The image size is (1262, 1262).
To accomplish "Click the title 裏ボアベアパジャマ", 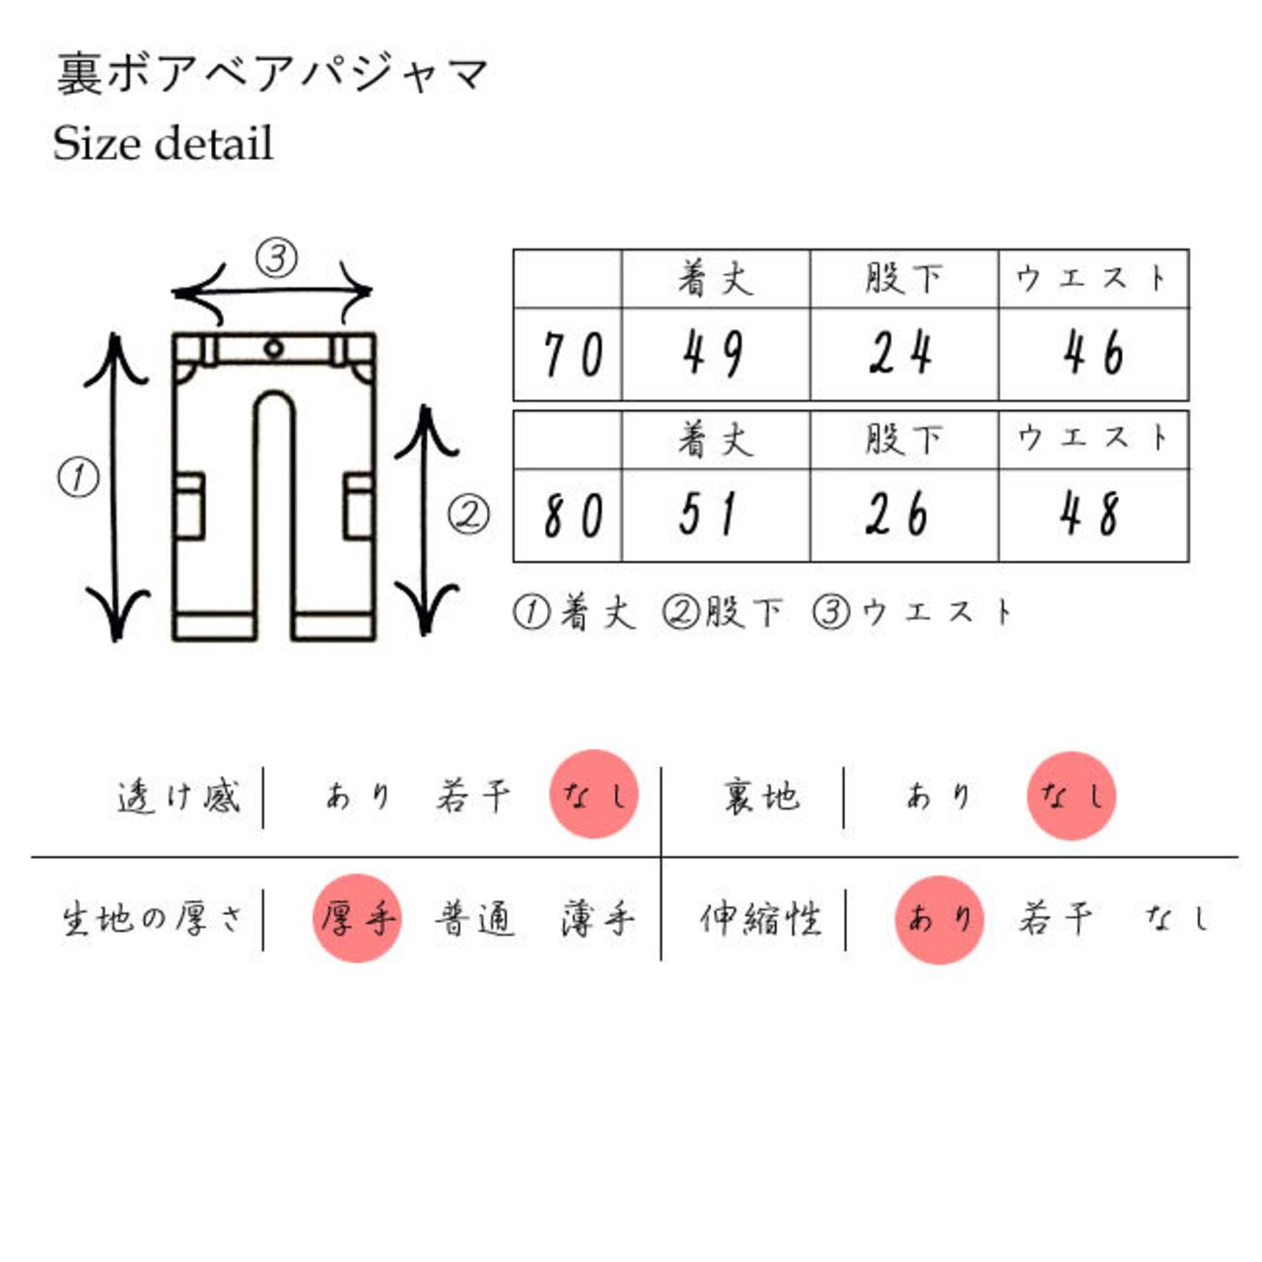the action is point(272,75).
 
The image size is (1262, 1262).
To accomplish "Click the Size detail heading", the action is point(163,143).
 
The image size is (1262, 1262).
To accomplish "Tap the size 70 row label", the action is point(573,354).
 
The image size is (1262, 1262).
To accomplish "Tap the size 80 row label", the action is point(573,516).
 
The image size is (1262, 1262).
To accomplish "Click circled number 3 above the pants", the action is point(276,258).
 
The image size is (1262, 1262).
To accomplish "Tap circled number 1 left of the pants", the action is point(79,477).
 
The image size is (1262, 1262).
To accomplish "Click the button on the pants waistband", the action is point(274,348).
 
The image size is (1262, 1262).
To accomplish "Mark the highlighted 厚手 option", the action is point(357,918).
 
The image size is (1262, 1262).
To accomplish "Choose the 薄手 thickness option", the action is point(597,919).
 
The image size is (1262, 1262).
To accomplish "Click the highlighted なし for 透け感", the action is point(594,794).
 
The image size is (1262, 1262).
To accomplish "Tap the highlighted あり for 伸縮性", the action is point(940,920).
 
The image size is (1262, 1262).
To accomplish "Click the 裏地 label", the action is point(762,797).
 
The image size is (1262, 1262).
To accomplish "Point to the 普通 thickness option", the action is point(475,919).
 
